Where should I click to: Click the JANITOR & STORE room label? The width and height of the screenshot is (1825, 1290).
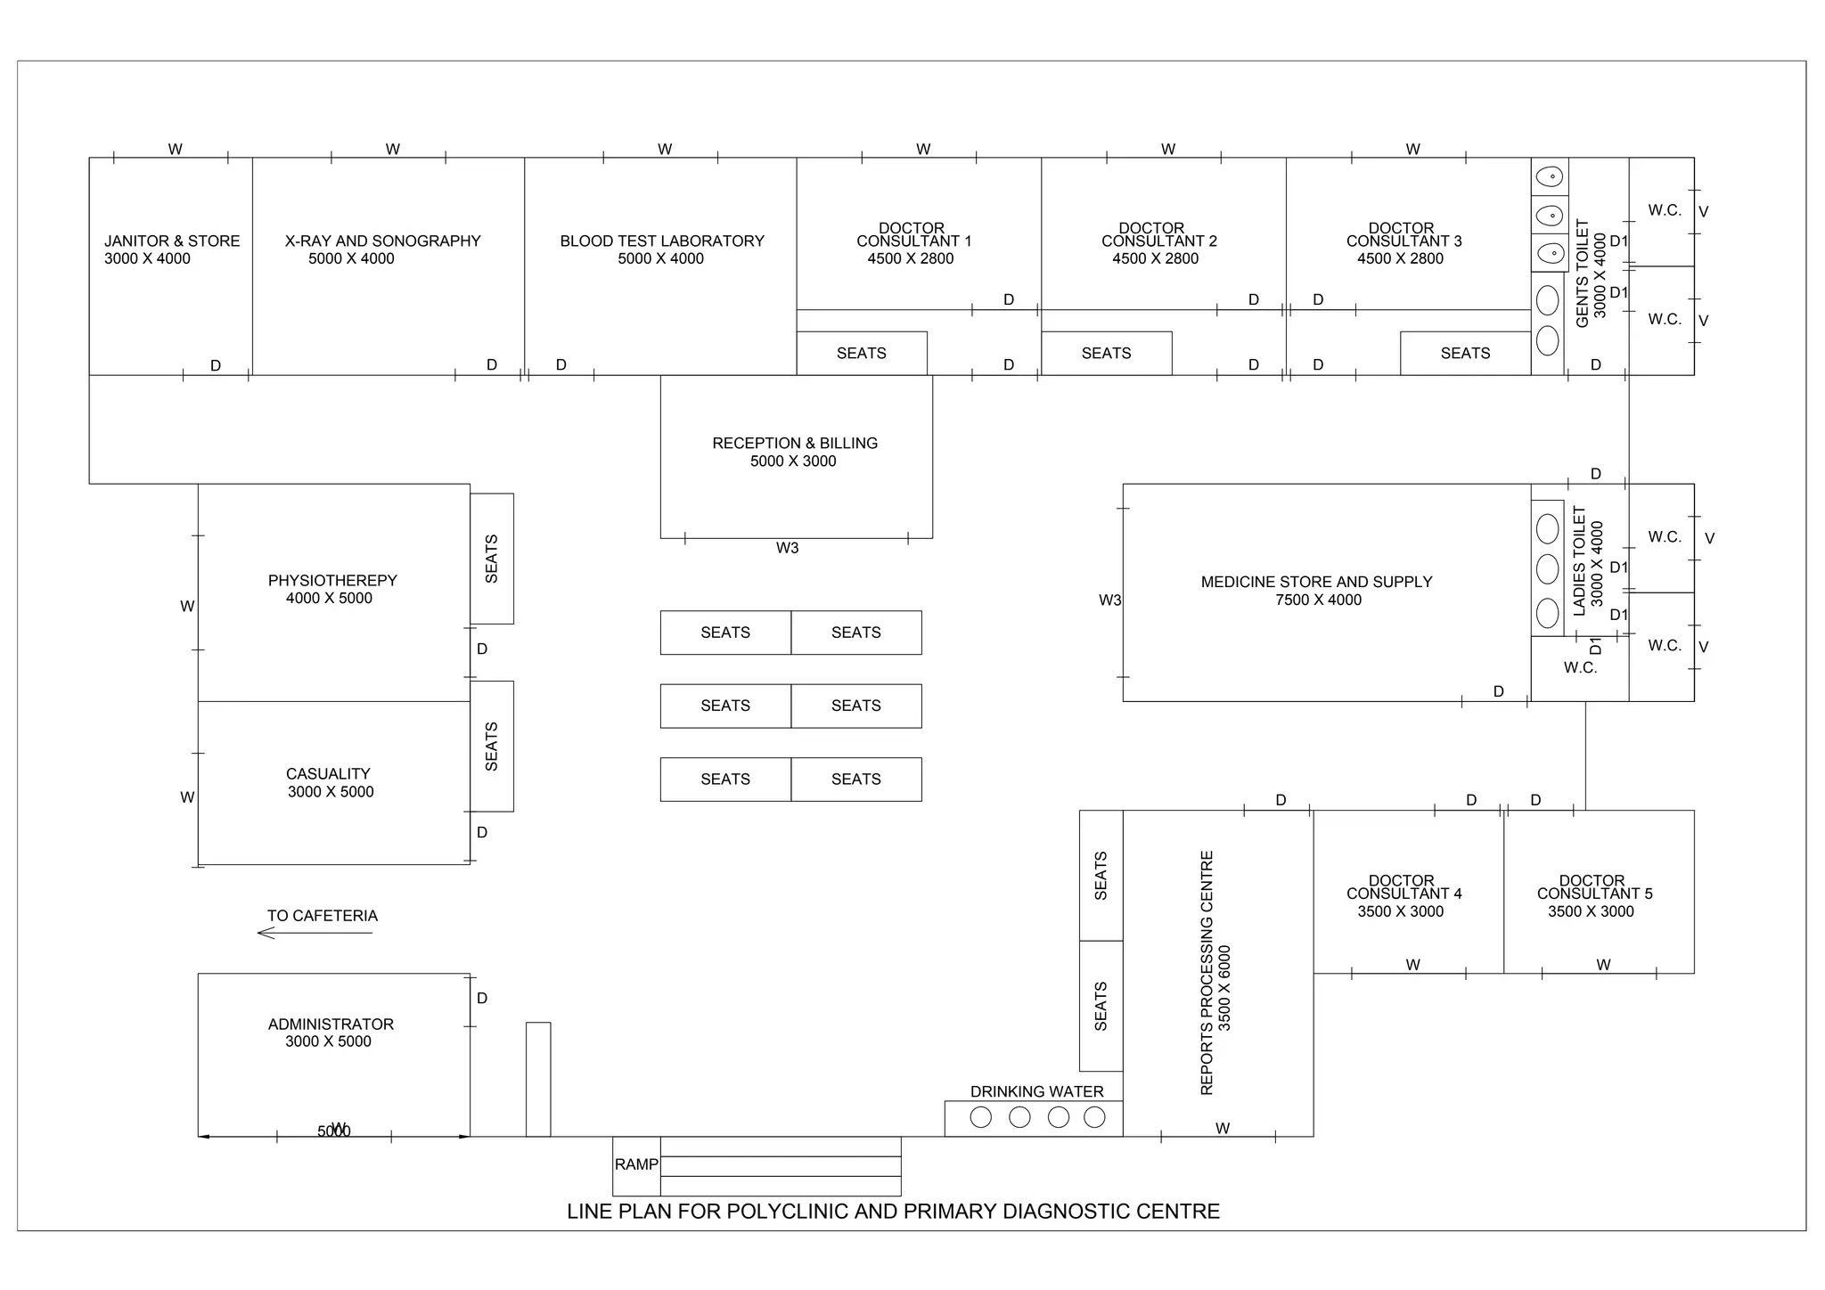tap(172, 241)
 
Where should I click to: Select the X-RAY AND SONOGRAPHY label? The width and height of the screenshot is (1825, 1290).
tap(383, 241)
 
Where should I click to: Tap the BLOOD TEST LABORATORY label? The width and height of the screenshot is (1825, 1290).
tap(662, 241)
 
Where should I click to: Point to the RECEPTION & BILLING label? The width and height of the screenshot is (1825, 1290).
tap(795, 444)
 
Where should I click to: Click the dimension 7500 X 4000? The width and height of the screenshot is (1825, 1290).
tap(1319, 600)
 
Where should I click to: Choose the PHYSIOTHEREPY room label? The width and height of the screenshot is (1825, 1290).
tap(332, 581)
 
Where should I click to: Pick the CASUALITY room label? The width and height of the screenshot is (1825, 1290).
tap(328, 774)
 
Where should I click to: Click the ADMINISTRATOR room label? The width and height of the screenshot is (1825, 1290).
tap(331, 1025)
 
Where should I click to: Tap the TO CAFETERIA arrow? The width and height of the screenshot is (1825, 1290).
tap(315, 933)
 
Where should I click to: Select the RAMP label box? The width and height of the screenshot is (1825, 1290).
tap(636, 1166)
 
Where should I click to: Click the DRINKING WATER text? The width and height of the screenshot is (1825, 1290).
tap(1037, 1092)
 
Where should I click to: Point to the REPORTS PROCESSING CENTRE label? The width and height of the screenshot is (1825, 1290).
tap(1207, 973)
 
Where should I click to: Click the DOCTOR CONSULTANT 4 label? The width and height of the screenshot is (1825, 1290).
tap(1404, 887)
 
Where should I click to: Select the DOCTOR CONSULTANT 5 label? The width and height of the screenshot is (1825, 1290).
tap(1594, 887)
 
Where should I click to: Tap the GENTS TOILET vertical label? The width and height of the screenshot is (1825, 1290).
tap(1583, 274)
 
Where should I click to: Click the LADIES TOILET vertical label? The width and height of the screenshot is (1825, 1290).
tap(1580, 561)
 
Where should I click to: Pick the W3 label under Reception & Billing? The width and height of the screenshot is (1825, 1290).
tap(788, 549)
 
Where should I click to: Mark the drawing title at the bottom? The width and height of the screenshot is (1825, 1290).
tap(894, 1212)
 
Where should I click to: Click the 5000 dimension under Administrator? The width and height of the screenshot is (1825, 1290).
tap(334, 1131)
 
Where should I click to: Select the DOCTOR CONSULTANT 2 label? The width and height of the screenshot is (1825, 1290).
tap(1158, 235)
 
